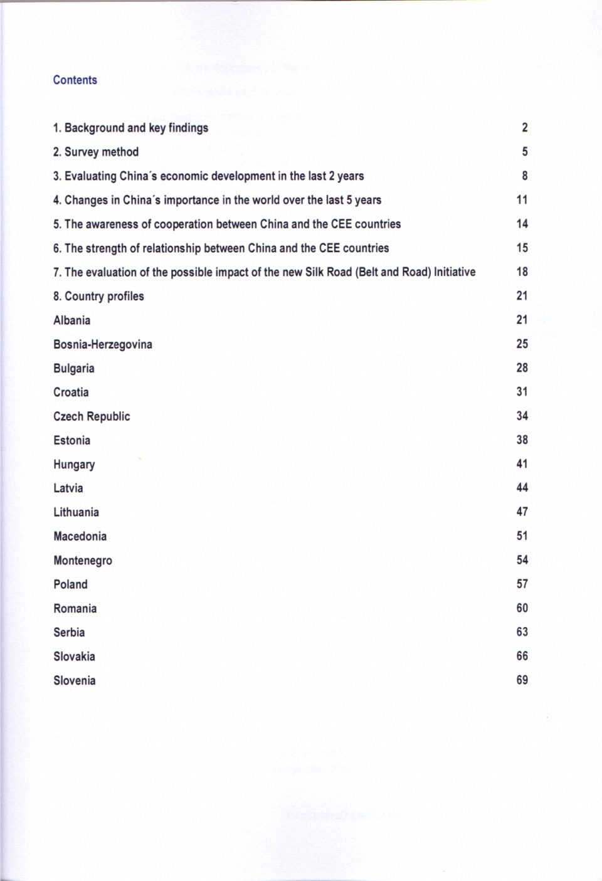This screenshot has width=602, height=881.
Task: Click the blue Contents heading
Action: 75,80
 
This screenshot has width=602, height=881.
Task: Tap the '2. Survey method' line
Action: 95,152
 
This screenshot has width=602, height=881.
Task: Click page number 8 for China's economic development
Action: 524,176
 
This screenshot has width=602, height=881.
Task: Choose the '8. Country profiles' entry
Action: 98,296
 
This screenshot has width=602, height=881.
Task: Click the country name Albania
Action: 71,320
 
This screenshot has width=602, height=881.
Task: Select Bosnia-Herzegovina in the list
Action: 102,344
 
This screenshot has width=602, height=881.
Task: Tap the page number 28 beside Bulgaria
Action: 522,367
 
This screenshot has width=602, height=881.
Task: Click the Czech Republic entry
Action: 92,416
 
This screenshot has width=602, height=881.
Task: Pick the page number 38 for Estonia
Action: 522,440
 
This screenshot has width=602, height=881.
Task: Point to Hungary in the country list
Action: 74,465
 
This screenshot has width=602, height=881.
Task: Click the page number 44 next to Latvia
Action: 522,487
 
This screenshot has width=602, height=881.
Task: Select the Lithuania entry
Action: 76,512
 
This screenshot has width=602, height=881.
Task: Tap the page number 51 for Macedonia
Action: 522,535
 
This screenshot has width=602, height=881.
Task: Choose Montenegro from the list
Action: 83,561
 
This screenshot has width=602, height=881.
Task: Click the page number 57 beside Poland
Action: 522,584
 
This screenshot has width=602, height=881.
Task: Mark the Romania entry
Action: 75,608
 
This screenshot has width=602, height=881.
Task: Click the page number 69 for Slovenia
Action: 522,680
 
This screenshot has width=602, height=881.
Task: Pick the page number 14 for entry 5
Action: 522,224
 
